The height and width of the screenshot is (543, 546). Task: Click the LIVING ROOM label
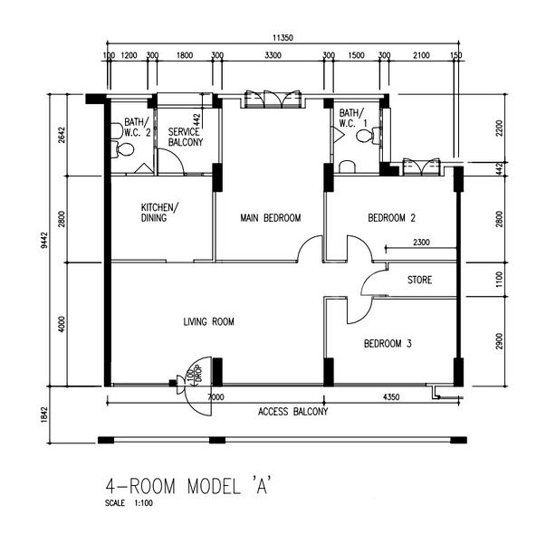pos(209,321)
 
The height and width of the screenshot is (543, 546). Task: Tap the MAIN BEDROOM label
pos(270,218)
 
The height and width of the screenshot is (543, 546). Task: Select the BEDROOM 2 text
pos(391,218)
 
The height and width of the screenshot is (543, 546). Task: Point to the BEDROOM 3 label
pos(388,344)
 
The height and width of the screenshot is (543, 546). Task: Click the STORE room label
pos(419,281)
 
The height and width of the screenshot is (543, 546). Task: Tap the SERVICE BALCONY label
pos(186,137)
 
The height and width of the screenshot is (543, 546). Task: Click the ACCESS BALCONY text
pos(292,412)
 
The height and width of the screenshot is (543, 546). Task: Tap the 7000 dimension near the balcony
pos(216,397)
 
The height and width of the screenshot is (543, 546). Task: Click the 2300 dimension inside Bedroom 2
pos(421,243)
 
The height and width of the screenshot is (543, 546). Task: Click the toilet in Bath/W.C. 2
pos(116,131)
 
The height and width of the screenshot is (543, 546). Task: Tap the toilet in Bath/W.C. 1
pos(367,137)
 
